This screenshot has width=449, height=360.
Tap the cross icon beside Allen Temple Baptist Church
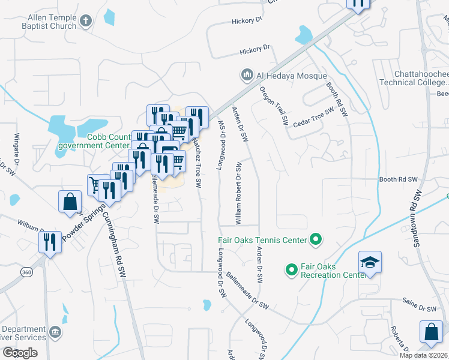point(85,22)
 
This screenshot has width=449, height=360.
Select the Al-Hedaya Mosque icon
point(246,76)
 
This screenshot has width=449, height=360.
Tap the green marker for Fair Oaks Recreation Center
point(291,270)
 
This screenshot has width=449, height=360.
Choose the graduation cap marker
point(370,262)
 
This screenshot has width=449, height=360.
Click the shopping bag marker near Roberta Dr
point(432,332)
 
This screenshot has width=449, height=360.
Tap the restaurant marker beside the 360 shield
point(50,242)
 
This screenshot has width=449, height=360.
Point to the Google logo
point(20,353)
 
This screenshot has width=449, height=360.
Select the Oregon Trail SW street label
point(274,105)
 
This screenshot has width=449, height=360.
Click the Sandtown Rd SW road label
point(414,219)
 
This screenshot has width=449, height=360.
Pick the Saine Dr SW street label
point(420,308)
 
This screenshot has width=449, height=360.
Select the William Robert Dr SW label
point(239,193)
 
